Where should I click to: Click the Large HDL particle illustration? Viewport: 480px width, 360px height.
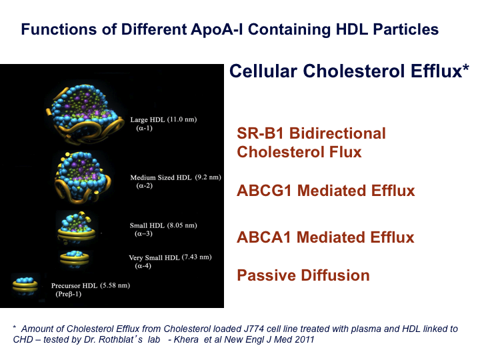pos(85,114)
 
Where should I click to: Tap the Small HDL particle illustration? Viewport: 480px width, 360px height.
pos(77,227)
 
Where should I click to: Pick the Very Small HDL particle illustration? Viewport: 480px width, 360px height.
pos(75,259)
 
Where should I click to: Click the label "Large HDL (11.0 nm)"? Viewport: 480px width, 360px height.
pos(163,119)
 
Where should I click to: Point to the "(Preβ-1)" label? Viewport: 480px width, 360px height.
pos(68,294)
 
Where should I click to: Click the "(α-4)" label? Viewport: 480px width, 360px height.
pos(143,266)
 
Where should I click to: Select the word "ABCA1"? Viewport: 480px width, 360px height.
pos(263,237)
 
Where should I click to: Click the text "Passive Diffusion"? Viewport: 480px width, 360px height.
pos(303,275)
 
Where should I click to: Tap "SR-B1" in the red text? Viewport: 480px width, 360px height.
pos(260,133)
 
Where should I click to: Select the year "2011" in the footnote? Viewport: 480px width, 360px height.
pos(304,339)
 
